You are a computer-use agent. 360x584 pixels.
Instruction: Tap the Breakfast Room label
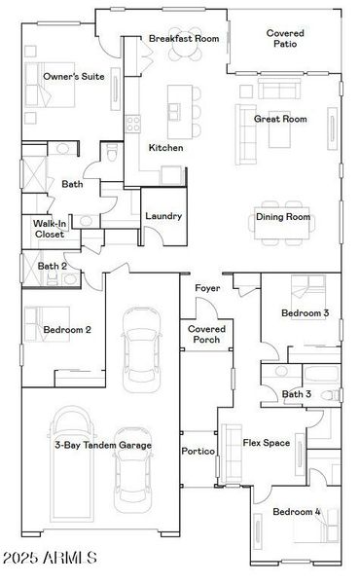click(184, 39)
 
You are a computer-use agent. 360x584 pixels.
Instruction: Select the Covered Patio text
click(285, 39)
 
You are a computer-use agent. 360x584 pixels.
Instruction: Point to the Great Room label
click(280, 119)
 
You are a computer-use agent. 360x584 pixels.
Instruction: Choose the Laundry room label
click(162, 215)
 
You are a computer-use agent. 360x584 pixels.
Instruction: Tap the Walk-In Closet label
click(49, 229)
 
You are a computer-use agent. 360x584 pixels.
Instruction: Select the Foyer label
click(206, 288)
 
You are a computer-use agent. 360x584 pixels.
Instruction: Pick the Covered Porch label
click(206, 334)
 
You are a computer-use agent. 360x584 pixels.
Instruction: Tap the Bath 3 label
click(297, 394)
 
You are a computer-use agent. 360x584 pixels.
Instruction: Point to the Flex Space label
click(266, 443)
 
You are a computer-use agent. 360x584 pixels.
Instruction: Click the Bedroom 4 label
click(297, 512)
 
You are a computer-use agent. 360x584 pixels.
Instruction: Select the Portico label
click(198, 453)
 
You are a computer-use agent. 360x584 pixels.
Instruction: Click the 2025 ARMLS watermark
click(50, 558)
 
